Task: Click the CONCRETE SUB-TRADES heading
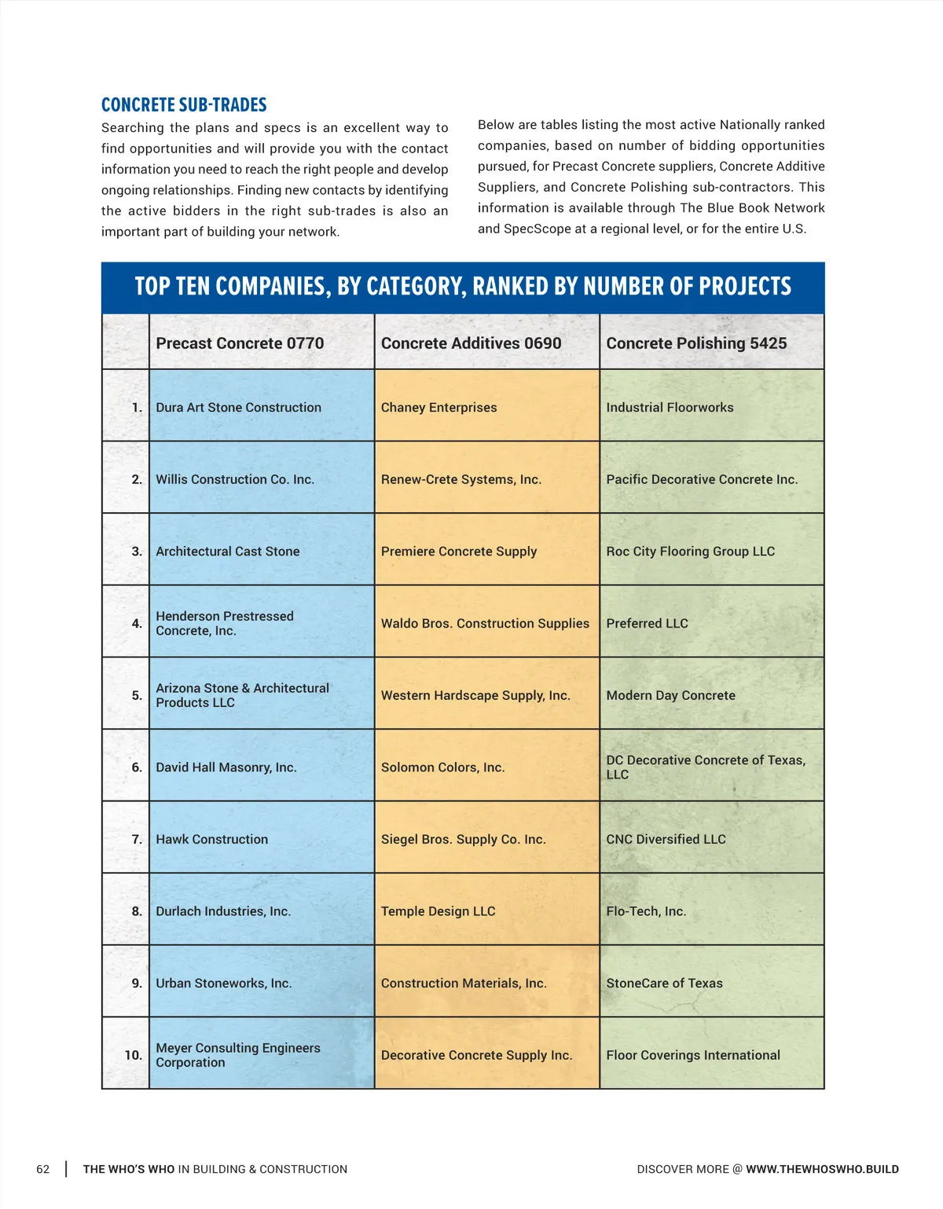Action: tap(184, 105)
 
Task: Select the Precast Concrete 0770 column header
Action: tap(240, 343)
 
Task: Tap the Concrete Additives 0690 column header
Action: tap(471, 343)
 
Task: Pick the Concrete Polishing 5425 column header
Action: tap(696, 343)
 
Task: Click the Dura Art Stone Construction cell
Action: tap(238, 408)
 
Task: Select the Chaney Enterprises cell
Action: tap(438, 408)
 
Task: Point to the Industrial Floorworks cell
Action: tap(670, 408)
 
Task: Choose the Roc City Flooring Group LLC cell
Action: tap(690, 551)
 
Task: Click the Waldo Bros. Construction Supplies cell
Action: tap(485, 624)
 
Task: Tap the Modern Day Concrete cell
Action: tap(670, 695)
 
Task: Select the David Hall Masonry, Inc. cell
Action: tap(226, 768)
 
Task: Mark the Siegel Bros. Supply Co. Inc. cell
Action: tap(463, 840)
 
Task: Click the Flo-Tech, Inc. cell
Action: tap(646, 911)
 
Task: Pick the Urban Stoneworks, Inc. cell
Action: tap(223, 984)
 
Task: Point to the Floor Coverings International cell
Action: tap(693, 1055)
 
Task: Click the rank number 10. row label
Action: tap(134, 1055)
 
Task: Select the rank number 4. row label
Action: tap(137, 624)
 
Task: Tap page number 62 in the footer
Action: tap(43, 1169)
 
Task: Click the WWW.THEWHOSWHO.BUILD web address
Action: tap(822, 1169)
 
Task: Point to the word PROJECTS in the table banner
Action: tap(745, 287)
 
